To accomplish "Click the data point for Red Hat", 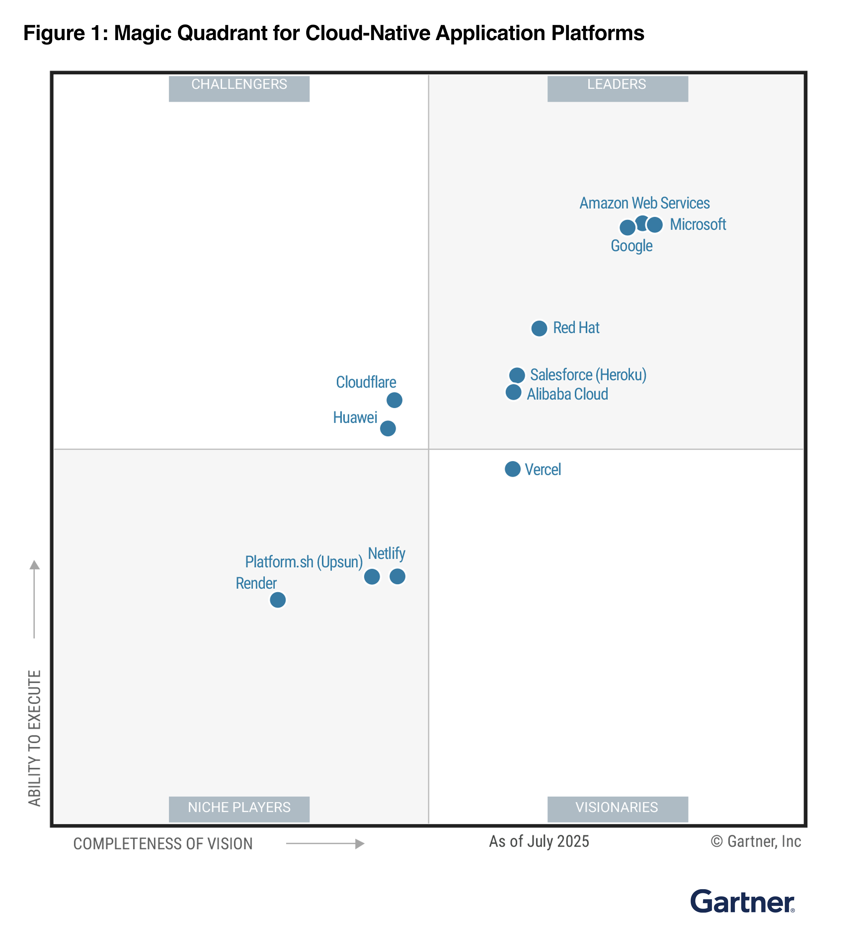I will tap(539, 328).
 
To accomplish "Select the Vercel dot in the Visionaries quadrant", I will tap(512, 469).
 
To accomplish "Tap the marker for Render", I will tap(278, 600).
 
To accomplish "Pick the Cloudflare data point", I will tap(394, 400).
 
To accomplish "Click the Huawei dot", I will tap(388, 428).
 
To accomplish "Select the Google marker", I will tap(627, 228).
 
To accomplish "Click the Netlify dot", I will tap(397, 576).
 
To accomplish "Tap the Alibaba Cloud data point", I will tap(514, 392).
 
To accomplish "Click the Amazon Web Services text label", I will tap(644, 203).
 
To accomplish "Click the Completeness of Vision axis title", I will tap(163, 844).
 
